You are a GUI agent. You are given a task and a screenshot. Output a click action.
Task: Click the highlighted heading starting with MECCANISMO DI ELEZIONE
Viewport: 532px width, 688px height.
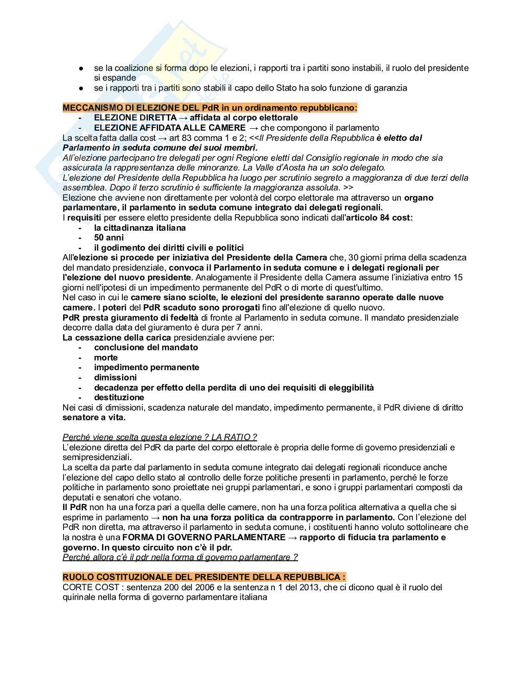pyautogui.click(x=210, y=108)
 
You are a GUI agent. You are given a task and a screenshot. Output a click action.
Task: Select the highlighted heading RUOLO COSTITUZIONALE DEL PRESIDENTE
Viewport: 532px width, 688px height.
pyautogui.click(x=204, y=577)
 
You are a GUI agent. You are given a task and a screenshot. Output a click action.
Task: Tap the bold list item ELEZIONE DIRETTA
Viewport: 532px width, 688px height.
pyautogui.click(x=135, y=118)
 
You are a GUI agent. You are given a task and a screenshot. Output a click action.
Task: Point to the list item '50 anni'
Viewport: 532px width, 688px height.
pyautogui.click(x=109, y=238)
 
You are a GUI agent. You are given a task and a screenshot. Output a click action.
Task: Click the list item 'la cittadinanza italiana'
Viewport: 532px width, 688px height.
pyautogui.click(x=139, y=228)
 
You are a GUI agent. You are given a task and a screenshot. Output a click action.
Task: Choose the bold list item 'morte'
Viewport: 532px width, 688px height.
pyautogui.click(x=106, y=358)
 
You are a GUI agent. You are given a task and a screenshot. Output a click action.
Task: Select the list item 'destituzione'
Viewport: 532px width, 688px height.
pyautogui.click(x=119, y=398)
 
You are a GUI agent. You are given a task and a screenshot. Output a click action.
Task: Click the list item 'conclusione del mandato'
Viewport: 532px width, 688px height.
pyautogui.click(x=146, y=347)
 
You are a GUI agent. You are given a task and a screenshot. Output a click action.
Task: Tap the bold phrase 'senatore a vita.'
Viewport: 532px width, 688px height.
pyautogui.click(x=94, y=417)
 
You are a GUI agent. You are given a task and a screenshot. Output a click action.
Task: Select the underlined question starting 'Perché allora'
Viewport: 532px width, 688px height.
pyautogui.click(x=180, y=557)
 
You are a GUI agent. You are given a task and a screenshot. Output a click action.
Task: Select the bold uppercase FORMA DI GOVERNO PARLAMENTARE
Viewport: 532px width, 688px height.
pyautogui.click(x=204, y=537)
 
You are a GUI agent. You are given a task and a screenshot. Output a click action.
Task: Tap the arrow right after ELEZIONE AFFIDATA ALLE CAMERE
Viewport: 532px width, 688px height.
pyautogui.click(x=253, y=128)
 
